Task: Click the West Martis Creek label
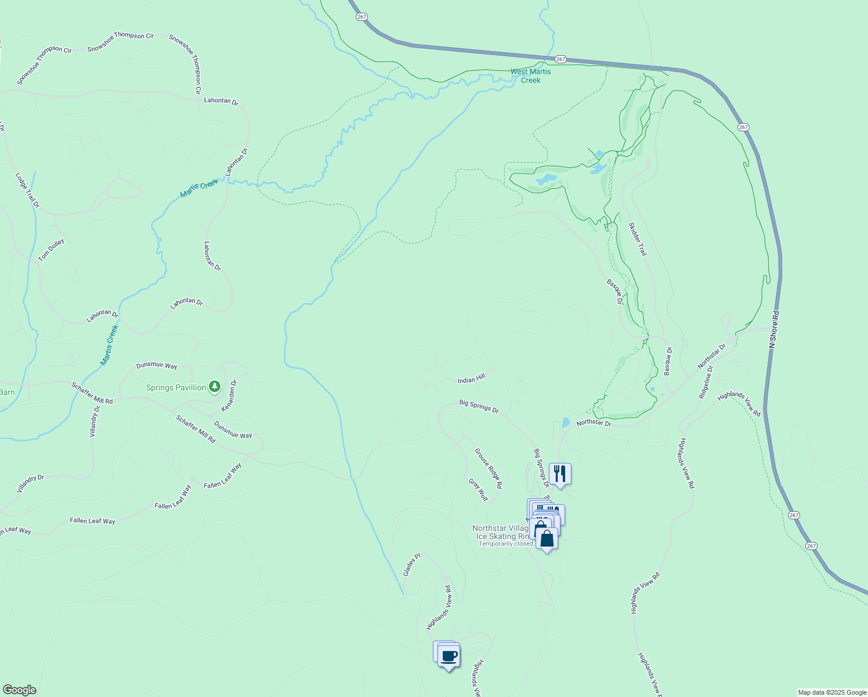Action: pyautogui.click(x=530, y=76)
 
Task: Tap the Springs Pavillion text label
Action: pyautogui.click(x=176, y=387)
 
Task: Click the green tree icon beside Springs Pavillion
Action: pyautogui.click(x=215, y=386)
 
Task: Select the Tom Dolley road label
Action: pyautogui.click(x=52, y=250)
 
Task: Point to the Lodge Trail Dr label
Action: pyautogui.click(x=27, y=190)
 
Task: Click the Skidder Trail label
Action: pyautogui.click(x=638, y=239)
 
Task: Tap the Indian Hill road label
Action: pyautogui.click(x=471, y=379)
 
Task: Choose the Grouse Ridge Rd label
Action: pyautogui.click(x=489, y=468)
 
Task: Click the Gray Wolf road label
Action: pyautogui.click(x=479, y=490)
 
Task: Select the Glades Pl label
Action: pyautogui.click(x=411, y=565)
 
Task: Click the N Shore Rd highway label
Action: pyautogui.click(x=773, y=329)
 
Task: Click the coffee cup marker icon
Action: pyautogui.click(x=449, y=656)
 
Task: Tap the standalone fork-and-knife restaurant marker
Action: pyautogui.click(x=560, y=473)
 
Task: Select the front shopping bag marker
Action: pyautogui.click(x=547, y=538)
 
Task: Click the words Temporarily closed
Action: pyautogui.click(x=505, y=544)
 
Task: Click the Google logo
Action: pyautogui.click(x=19, y=689)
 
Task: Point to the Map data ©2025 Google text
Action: pyautogui.click(x=831, y=692)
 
